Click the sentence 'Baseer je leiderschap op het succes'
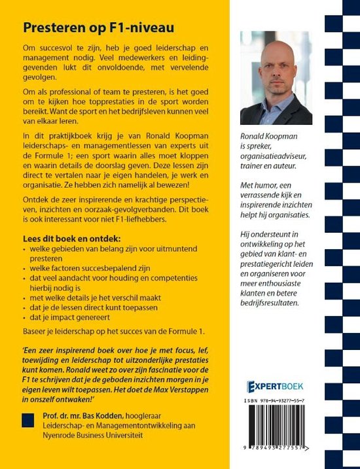coord(115,333)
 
